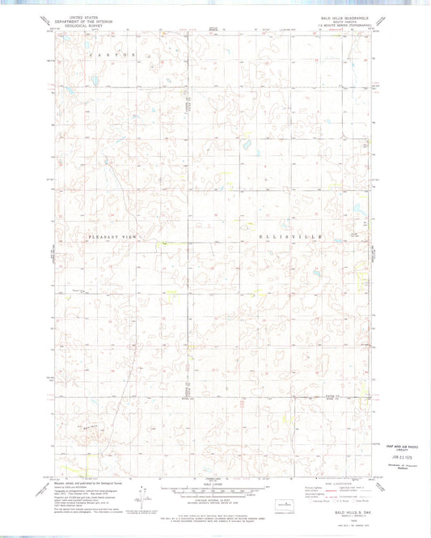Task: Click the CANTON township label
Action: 117,53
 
